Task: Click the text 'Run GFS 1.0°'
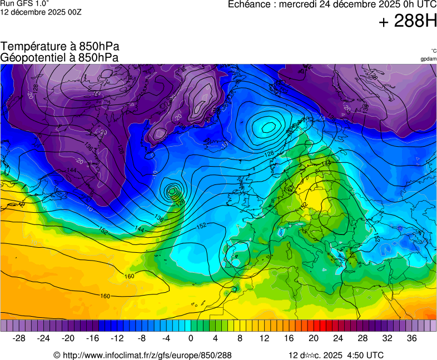(x=24, y=3)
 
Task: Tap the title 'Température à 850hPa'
(x=60, y=47)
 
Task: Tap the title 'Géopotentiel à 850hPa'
(x=59, y=57)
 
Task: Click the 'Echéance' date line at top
(x=332, y=4)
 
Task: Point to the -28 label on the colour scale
(x=19, y=338)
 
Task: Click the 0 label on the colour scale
(x=191, y=338)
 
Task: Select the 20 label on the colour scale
(x=314, y=338)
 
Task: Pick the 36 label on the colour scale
(x=411, y=338)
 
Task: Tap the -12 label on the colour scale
(x=117, y=338)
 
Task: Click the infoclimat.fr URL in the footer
(x=142, y=355)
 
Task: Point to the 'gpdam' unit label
(x=428, y=59)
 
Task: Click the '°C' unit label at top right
(x=433, y=51)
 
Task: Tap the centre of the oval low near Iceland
(x=267, y=127)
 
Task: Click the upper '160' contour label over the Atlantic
(x=129, y=276)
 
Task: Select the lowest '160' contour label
(x=105, y=296)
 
